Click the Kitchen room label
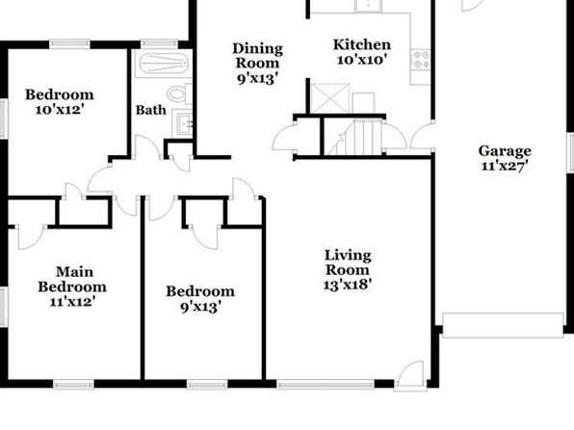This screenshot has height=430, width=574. pyautogui.click(x=362, y=44)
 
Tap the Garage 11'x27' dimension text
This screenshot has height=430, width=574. pyautogui.click(x=505, y=166)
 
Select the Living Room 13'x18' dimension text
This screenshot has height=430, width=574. pyautogui.click(x=348, y=284)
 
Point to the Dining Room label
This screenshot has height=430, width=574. pyautogui.click(x=258, y=55)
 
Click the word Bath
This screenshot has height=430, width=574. pyautogui.click(x=150, y=110)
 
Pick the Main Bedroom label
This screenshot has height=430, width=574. pyautogui.click(x=72, y=280)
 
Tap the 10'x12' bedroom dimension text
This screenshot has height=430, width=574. pyautogui.click(x=60, y=109)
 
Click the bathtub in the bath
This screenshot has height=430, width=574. pyautogui.click(x=163, y=65)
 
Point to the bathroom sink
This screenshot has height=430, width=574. pyautogui.click(x=184, y=121)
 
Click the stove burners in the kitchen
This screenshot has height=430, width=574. pyautogui.click(x=421, y=60)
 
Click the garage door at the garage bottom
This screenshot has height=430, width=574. pyautogui.click(x=503, y=325)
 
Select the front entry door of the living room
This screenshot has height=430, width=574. pyautogui.click(x=410, y=376)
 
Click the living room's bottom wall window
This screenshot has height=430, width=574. pyautogui.click(x=326, y=384)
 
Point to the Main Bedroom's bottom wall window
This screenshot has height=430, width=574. pyautogui.click(x=73, y=384)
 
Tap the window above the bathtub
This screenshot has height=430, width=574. pyautogui.click(x=159, y=44)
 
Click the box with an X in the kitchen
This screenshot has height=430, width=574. pyautogui.click(x=329, y=98)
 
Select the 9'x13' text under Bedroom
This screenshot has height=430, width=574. pyautogui.click(x=201, y=307)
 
